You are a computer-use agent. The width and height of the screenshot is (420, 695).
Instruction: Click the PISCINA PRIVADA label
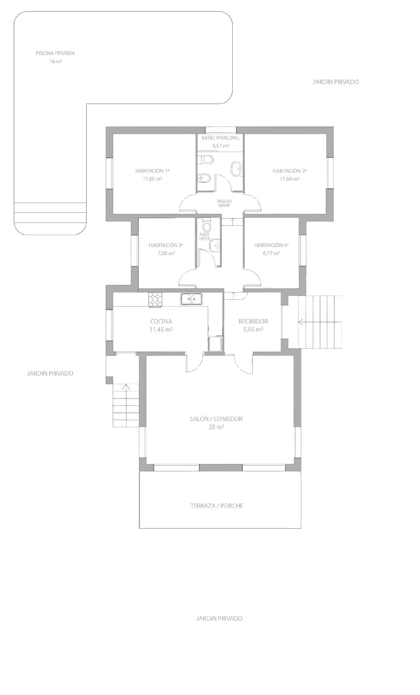55,53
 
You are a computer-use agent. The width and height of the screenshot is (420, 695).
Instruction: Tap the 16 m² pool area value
55,62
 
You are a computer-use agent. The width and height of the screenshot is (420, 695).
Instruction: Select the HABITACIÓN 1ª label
152,171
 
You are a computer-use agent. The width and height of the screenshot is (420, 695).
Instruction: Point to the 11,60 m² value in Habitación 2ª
289,179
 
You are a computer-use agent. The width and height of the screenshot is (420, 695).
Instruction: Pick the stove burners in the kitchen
155,299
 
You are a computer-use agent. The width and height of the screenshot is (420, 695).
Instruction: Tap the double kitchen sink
192,299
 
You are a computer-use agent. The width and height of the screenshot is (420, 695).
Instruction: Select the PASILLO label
224,201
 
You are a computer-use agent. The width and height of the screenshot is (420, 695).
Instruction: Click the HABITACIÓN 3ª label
166,245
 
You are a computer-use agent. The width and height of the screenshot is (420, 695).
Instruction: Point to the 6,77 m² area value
271,253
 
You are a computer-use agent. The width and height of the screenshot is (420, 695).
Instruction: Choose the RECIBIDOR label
253,321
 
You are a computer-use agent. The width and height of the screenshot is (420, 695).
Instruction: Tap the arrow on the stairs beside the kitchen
126,387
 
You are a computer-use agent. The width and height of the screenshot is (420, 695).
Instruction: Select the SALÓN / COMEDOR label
216,419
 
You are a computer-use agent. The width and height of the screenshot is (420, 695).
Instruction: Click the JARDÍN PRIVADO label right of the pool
335,82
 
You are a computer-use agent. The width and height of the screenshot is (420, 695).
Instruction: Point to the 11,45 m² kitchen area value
161,330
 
